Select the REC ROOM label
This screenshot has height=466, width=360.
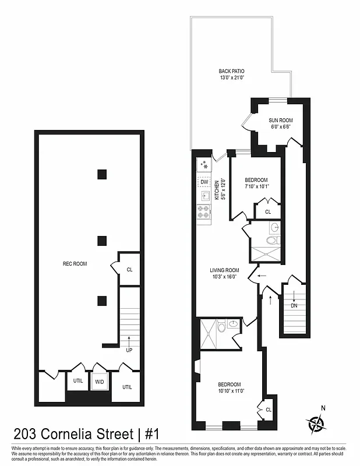tap(75, 264)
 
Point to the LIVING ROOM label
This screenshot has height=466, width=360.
tap(225, 270)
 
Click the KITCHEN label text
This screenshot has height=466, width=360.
tap(217, 190)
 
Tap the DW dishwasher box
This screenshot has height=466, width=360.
tap(204, 182)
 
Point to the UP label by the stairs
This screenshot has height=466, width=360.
tap(130, 351)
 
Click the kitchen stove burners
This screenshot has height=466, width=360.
tap(204, 212)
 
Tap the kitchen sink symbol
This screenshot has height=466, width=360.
tap(204, 196)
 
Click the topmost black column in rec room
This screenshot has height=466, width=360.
tap(103, 174)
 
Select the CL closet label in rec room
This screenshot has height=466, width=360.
tap(129, 270)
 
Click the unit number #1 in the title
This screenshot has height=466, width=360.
tap(152, 434)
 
